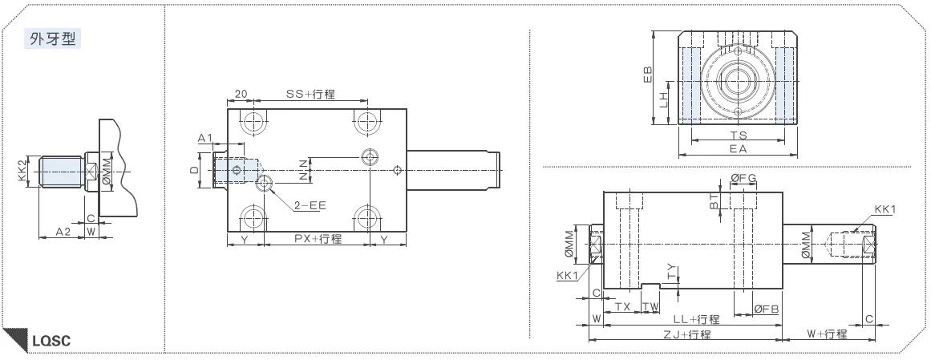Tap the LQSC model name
tap(51, 341)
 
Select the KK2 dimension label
tap(22, 171)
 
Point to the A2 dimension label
tap(63, 231)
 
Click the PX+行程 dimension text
tap(318, 239)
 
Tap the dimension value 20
tap(241, 94)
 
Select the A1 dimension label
tap(204, 138)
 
